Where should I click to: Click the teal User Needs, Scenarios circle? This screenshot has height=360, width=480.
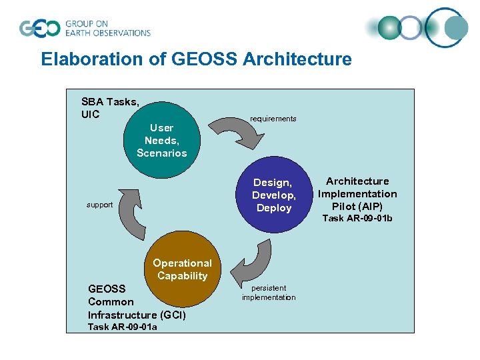pyautogui.click(x=161, y=140)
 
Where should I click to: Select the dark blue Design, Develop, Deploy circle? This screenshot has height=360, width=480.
pyautogui.click(x=273, y=195)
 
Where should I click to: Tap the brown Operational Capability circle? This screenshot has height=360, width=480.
pyautogui.click(x=182, y=269)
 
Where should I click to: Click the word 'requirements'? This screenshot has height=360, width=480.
pyautogui.click(x=273, y=119)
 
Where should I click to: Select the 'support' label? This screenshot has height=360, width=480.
pyautogui.click(x=99, y=205)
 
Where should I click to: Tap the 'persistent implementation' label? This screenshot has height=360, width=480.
pyautogui.click(x=269, y=293)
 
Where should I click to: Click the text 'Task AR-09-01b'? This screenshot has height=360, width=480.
pyautogui.click(x=357, y=219)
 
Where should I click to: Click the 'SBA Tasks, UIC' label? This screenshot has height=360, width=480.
pyautogui.click(x=110, y=108)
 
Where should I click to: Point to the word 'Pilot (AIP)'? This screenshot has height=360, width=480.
pyautogui.click(x=357, y=207)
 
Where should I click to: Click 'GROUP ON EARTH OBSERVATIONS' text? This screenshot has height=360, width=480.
pyautogui.click(x=107, y=28)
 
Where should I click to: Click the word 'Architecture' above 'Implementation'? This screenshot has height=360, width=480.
pyautogui.click(x=357, y=181)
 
